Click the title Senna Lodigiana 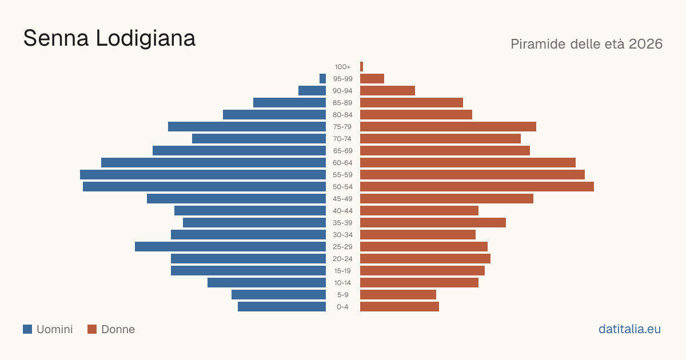point(109,38)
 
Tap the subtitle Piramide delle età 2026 point(587,44)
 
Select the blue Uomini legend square point(27,329)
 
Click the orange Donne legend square point(92,329)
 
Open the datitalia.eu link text point(629,329)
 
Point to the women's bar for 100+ point(362,67)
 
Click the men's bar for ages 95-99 point(323,79)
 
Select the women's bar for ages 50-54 point(477,187)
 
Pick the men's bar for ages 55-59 point(203,175)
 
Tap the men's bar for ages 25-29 point(230,247)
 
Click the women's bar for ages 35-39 point(433,223)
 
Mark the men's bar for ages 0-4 point(282,307)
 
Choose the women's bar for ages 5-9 point(398,295)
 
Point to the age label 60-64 point(342,163)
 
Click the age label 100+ point(342,67)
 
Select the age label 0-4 point(342,307)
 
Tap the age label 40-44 point(342,211)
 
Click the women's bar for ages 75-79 point(448,127)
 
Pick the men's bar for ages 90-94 point(312,91)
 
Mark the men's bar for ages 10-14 point(267,283)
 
